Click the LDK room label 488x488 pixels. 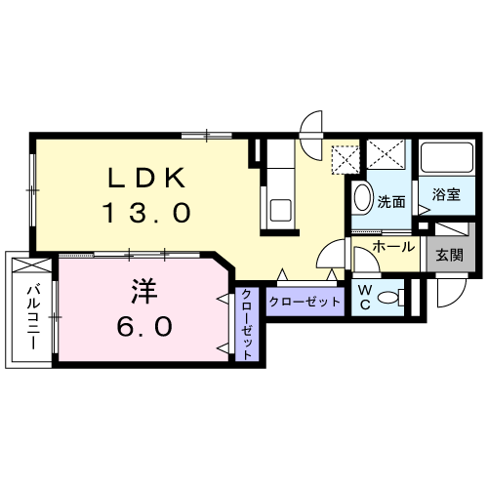(x=146, y=178)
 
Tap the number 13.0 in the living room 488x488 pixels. (x=146, y=212)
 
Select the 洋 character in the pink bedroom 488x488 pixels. (x=144, y=291)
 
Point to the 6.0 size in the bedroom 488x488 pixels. (x=144, y=326)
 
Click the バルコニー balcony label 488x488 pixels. (x=33, y=317)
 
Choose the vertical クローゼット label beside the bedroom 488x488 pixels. (x=247, y=325)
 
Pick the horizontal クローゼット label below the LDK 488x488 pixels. (x=305, y=303)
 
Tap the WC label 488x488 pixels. (x=365, y=297)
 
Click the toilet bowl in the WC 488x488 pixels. (x=389, y=298)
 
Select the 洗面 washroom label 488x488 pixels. (x=391, y=202)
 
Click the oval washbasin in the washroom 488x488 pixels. (x=362, y=198)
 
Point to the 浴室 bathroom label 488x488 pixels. (x=446, y=194)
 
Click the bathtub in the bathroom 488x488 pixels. (x=447, y=158)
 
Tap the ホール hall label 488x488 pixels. (x=393, y=247)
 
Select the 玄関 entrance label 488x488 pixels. (x=449, y=255)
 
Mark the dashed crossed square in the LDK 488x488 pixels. (x=346, y=160)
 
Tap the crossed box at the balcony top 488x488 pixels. (x=31, y=265)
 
